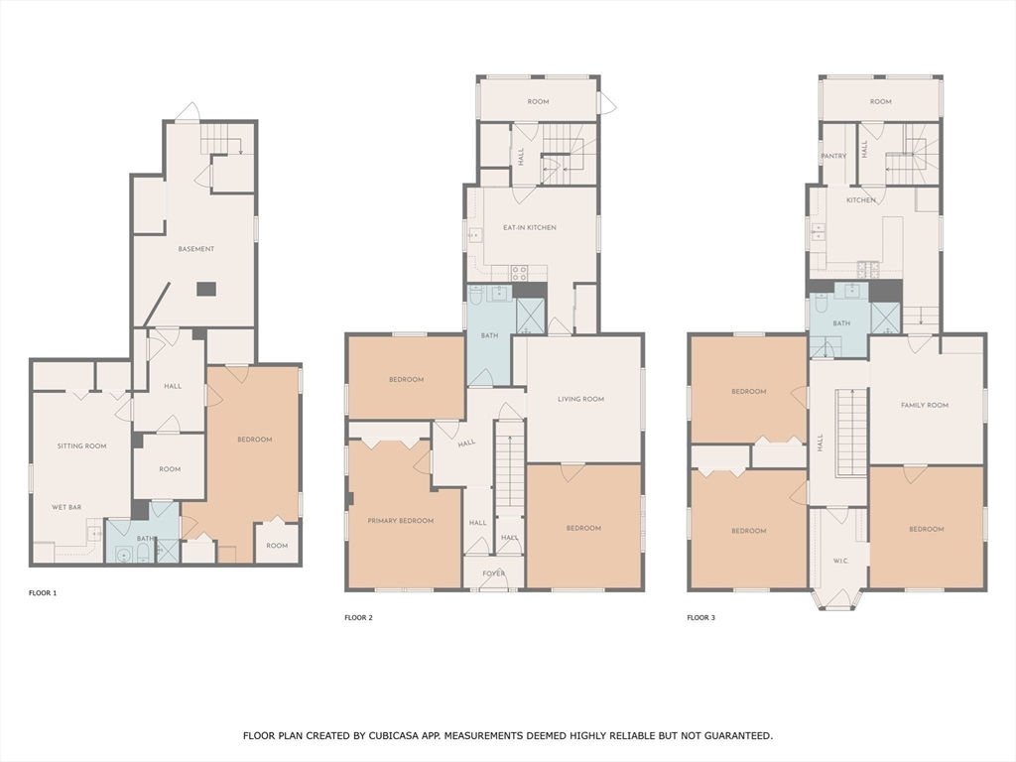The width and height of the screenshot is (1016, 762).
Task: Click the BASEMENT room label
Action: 195,249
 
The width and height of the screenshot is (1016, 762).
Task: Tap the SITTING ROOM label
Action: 81,445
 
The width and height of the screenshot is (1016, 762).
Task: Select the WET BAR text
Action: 66,507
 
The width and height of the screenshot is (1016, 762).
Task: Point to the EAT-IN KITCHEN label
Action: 530,227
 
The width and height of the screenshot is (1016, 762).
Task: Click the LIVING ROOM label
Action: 580,399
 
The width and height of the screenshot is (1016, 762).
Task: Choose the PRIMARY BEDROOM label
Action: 401,520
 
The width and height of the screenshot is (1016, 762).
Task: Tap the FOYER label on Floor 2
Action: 494,573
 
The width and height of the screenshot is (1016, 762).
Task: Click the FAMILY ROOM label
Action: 925,405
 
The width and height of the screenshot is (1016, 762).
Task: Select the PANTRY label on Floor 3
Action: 833,156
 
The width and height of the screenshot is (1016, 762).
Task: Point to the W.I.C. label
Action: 840,562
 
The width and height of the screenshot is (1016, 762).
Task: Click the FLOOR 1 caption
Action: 43,593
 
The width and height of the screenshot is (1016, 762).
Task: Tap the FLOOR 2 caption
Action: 358,617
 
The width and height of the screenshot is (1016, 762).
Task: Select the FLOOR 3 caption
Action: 701,617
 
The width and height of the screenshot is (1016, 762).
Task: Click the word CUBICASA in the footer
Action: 393,735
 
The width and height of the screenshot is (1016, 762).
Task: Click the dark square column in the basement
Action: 207,289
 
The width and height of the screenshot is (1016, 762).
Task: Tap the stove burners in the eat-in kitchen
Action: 519,273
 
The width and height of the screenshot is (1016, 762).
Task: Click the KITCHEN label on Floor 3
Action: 861,200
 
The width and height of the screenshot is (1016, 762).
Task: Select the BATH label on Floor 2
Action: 490,335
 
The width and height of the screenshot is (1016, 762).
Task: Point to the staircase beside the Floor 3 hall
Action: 850,434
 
